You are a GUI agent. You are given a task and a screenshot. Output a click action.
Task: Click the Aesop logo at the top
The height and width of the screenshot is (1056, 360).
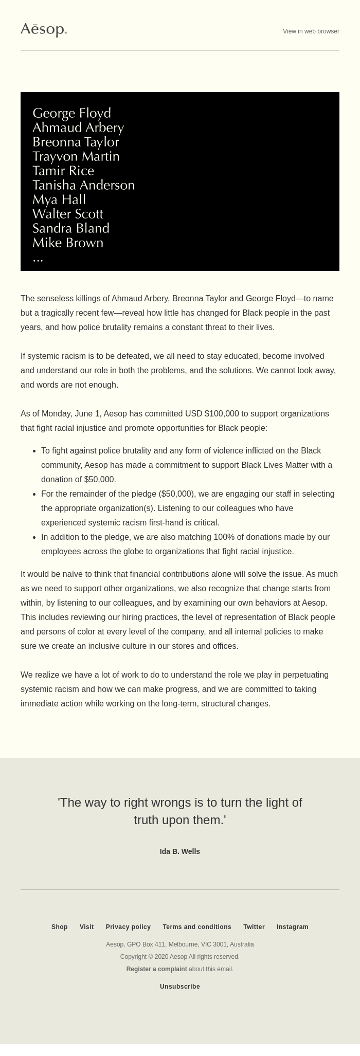[44, 30]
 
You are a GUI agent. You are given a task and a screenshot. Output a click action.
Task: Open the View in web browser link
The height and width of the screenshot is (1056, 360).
[311, 31]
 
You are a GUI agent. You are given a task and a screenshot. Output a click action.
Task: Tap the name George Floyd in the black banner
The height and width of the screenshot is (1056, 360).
[71, 113]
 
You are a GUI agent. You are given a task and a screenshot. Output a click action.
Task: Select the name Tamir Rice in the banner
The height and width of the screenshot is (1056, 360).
[63, 171]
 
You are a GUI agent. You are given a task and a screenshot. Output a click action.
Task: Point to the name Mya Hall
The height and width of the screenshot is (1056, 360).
[59, 199]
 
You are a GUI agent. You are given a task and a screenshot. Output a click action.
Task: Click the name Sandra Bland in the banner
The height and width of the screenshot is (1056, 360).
[71, 228]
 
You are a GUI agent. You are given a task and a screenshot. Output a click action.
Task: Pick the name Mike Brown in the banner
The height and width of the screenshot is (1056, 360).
[68, 243]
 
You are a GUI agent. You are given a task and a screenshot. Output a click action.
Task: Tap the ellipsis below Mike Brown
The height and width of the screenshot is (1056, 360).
[38, 259]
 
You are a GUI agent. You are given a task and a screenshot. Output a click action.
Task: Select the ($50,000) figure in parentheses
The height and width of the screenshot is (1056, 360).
[178, 494]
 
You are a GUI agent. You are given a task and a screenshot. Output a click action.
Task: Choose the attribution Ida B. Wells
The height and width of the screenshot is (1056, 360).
[180, 851]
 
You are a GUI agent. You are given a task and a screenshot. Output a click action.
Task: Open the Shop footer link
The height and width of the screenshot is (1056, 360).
[60, 927]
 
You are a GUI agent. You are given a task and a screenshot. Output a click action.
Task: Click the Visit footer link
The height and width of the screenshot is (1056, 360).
[86, 927]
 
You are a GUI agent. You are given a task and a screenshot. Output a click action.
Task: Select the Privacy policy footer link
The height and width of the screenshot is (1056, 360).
[128, 927]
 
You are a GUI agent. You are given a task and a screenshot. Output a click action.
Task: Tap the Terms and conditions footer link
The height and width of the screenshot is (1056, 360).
[197, 927]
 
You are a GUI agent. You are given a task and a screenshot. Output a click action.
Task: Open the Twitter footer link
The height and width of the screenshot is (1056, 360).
[254, 927]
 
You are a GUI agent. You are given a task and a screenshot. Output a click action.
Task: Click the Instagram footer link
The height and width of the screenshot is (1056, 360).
[293, 927]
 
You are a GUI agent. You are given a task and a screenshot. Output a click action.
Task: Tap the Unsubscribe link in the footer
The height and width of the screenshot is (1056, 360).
[180, 987]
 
